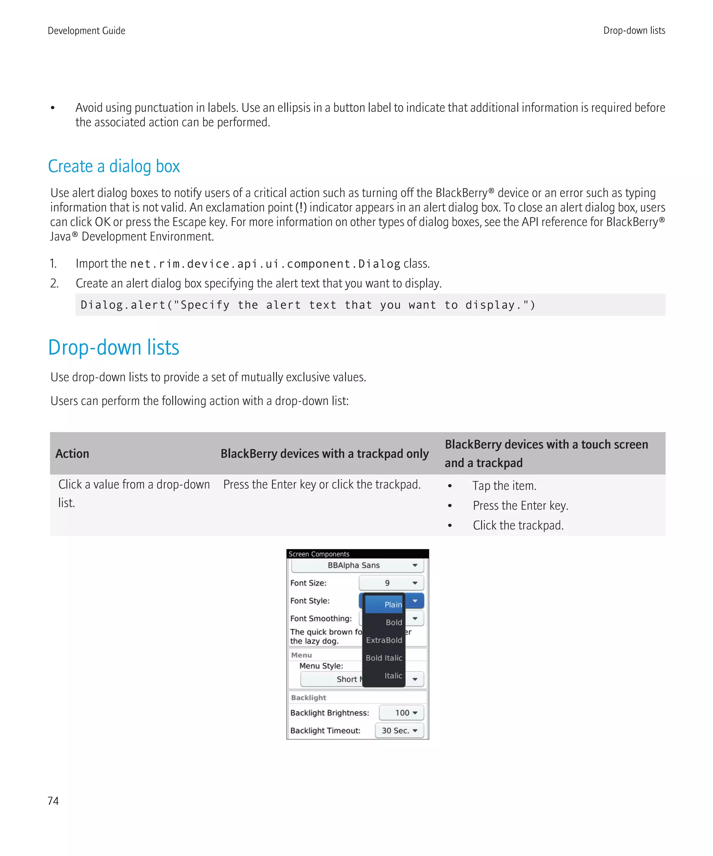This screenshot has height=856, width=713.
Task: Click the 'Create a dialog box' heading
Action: click(x=114, y=166)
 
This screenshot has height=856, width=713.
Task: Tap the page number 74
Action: click(x=53, y=801)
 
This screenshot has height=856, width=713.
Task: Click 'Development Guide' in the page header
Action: click(x=86, y=31)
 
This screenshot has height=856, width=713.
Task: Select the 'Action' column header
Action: click(x=72, y=453)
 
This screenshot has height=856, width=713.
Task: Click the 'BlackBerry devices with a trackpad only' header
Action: click(x=324, y=453)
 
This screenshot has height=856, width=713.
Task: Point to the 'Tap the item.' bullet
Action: click(x=504, y=485)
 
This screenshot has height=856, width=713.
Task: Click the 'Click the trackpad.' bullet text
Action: click(x=518, y=525)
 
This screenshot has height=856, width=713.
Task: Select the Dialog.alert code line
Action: click(x=308, y=305)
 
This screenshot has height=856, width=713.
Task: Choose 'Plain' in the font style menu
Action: click(x=392, y=605)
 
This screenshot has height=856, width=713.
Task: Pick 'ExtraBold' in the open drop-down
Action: click(x=384, y=640)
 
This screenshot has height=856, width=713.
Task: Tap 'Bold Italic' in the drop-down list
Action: click(x=384, y=658)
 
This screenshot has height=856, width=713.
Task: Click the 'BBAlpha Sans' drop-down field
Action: click(x=357, y=565)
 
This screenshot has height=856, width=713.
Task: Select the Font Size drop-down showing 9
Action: click(x=391, y=583)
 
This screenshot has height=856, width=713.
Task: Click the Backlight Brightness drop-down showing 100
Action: click(x=401, y=713)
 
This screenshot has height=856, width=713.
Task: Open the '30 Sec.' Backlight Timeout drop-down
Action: click(x=399, y=730)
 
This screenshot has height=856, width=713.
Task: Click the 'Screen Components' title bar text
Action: click(x=319, y=554)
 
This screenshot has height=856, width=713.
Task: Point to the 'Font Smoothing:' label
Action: click(x=321, y=618)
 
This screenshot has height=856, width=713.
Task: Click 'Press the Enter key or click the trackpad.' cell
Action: click(x=322, y=484)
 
